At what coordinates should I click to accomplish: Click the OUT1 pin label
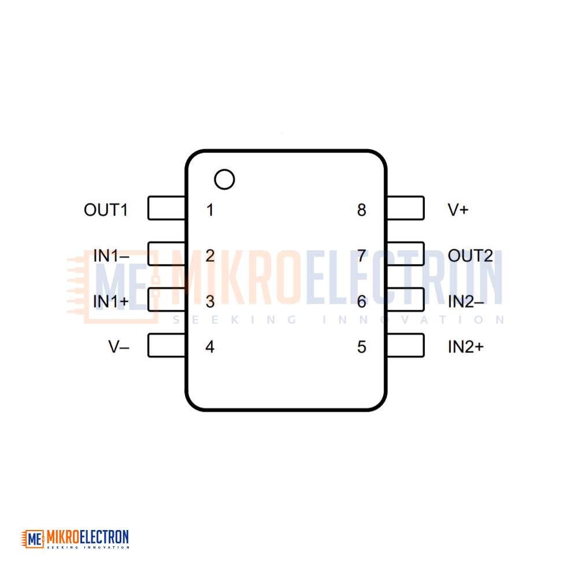[106, 210]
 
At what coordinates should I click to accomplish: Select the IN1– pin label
[111, 256]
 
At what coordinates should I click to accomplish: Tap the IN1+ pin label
[111, 302]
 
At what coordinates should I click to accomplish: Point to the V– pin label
[118, 347]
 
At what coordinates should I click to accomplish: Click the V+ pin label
[458, 210]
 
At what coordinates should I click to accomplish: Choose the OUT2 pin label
[470, 256]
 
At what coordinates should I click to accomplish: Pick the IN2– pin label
[466, 302]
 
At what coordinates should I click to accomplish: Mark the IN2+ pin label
[466, 347]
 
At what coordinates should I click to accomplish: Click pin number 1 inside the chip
[210, 210]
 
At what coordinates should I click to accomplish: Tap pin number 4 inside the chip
[210, 347]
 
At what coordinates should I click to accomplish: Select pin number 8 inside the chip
[362, 210]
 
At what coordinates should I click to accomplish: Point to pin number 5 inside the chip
[362, 347]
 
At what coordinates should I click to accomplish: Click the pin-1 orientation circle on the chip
[224, 170]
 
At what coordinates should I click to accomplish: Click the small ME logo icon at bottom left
[33, 539]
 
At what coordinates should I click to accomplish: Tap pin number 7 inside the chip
[362, 256]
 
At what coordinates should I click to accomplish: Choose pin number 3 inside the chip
[210, 302]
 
